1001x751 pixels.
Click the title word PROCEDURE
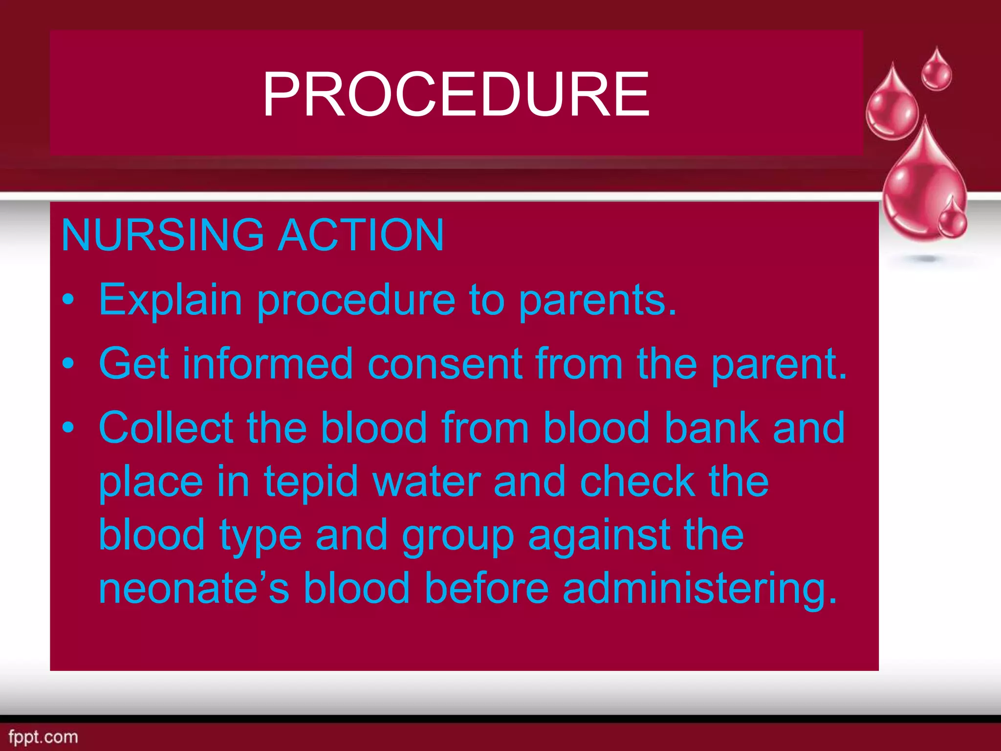point(456,94)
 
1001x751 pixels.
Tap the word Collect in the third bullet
point(166,427)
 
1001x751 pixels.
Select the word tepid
point(311,481)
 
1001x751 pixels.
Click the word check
point(637,481)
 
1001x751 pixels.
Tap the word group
point(457,536)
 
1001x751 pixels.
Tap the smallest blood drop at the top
point(936,71)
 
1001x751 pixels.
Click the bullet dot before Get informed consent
point(69,363)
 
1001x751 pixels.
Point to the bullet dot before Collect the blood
point(69,427)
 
